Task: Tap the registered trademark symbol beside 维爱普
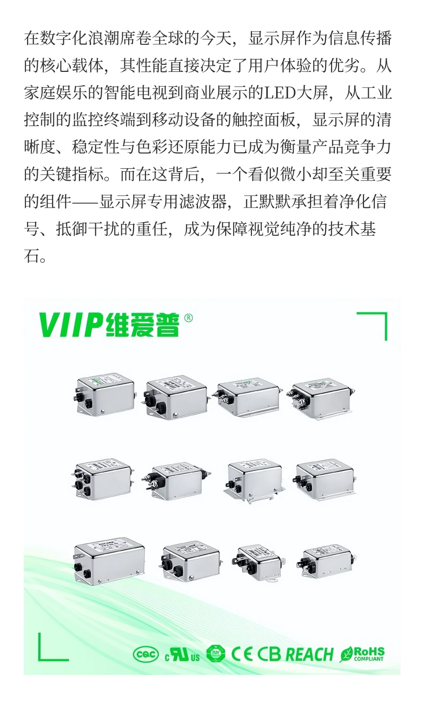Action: click(x=188, y=318)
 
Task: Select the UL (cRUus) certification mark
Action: click(x=183, y=655)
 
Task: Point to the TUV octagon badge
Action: click(x=216, y=654)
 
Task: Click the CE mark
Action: click(x=241, y=654)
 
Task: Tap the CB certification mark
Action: click(x=269, y=654)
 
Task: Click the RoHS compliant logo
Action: click(x=362, y=654)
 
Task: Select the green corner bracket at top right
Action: click(x=377, y=323)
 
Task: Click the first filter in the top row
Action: click(x=105, y=394)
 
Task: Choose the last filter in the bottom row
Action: click(x=328, y=561)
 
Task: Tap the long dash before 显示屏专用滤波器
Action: click(x=84, y=202)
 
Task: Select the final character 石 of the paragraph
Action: click(x=31, y=256)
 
